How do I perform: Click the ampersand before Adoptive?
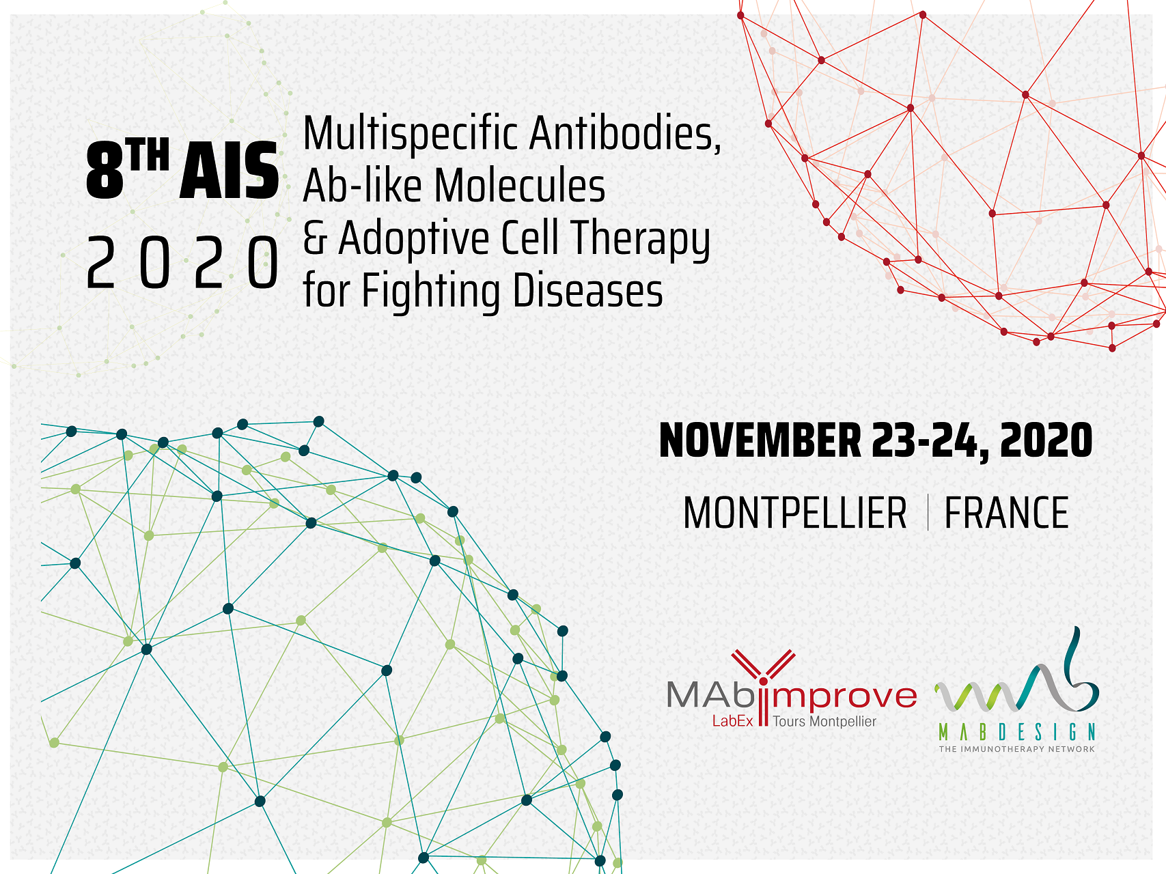314,238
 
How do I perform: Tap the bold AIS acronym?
229,172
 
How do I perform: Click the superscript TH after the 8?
148,156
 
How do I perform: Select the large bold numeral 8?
104,172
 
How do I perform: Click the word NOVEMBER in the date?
760,440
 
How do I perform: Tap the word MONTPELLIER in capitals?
795,513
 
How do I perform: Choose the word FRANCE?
1006,513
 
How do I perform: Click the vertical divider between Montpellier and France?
928,513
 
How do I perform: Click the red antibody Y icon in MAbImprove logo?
764,673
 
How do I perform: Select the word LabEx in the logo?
732,721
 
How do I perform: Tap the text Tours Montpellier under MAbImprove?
824,721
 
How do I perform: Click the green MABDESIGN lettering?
1017,733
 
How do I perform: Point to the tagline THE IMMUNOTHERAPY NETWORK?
1017,749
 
